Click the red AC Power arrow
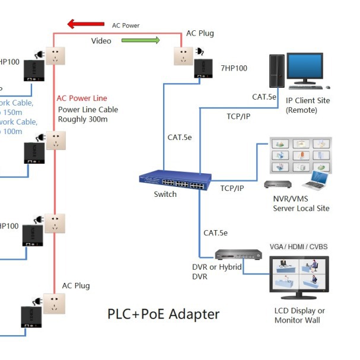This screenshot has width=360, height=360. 86,24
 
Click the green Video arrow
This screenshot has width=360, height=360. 141,40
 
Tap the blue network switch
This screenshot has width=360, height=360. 175,180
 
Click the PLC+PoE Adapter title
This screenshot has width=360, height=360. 163,314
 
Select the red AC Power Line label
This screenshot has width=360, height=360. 82,98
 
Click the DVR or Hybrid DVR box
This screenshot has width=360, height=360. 238,255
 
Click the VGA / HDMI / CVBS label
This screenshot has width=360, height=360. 298,247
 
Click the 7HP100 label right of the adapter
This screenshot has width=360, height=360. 233,68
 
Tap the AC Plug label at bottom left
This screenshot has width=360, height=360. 76,285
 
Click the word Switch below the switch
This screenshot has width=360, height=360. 165,195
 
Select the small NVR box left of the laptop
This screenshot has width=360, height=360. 276,184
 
